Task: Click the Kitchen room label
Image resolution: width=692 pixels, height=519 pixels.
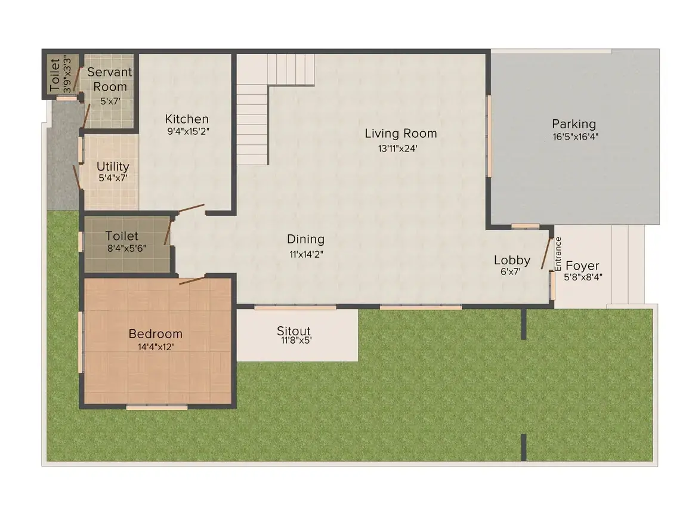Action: pyautogui.click(x=187, y=119)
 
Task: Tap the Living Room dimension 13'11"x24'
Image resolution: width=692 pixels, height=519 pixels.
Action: pyautogui.click(x=398, y=149)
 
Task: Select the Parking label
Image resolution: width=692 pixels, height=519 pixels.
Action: pyautogui.click(x=574, y=124)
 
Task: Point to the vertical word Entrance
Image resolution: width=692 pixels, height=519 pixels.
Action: pyautogui.click(x=558, y=254)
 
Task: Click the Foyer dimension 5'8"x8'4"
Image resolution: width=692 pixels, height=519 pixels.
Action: pyautogui.click(x=583, y=277)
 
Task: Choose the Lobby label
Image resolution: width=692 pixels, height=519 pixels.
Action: pyautogui.click(x=512, y=260)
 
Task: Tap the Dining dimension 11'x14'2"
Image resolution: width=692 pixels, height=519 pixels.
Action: pyautogui.click(x=306, y=254)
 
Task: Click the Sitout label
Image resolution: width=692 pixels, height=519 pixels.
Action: pyautogui.click(x=294, y=330)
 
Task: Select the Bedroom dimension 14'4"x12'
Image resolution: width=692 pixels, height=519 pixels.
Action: pyautogui.click(x=155, y=347)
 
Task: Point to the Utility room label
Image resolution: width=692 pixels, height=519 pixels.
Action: pyautogui.click(x=113, y=167)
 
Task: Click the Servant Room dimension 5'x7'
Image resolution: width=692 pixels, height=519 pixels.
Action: pyautogui.click(x=110, y=101)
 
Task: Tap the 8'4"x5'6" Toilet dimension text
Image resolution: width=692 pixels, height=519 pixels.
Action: pyautogui.click(x=126, y=249)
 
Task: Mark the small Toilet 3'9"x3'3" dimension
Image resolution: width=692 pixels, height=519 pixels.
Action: pyautogui.click(x=67, y=74)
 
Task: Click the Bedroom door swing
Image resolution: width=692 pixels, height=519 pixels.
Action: pyautogui.click(x=192, y=280)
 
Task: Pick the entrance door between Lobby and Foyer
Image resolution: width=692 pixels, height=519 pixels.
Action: pyautogui.click(x=546, y=254)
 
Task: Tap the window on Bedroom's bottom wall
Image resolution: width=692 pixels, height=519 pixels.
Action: pyautogui.click(x=157, y=407)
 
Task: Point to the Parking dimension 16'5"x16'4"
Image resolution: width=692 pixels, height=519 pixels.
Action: pyautogui.click(x=575, y=137)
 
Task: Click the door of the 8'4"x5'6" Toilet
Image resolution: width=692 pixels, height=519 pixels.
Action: pyautogui.click(x=168, y=231)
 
